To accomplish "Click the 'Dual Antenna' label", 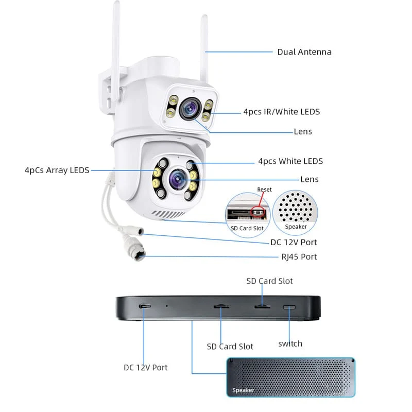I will [304, 52].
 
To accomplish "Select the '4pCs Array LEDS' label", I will [57, 170].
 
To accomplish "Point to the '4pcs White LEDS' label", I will [290, 161].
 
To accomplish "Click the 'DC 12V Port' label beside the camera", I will [294, 242].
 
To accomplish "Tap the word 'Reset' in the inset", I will [264, 190].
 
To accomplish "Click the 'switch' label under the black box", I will [290, 344].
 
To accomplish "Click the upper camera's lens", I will [189, 107].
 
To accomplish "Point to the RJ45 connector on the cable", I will [138, 253].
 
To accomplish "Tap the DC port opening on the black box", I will [145, 306].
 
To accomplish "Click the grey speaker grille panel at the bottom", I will [291, 377].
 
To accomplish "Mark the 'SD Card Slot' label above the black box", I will [269, 281].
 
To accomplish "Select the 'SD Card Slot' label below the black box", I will [230, 347].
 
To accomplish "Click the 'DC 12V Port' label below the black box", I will [146, 368].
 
